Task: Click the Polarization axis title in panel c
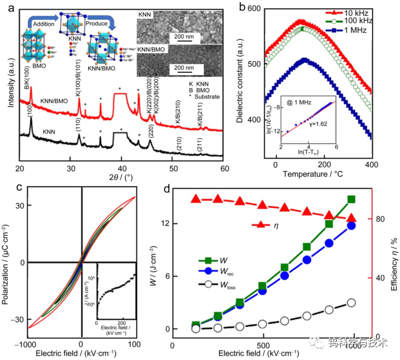coord(7,262)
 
